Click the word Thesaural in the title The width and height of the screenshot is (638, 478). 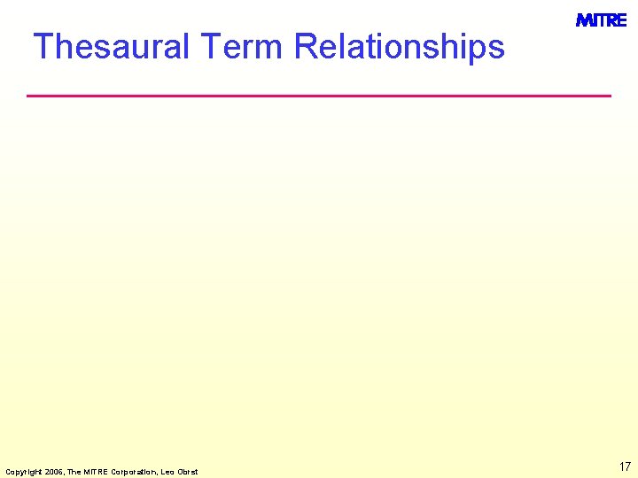111,46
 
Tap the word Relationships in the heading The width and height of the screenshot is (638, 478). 399,46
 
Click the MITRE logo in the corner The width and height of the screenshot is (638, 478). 601,20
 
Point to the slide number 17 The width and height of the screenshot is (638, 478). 625,466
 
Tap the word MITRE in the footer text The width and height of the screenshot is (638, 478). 92,471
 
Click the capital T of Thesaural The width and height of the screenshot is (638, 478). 43,46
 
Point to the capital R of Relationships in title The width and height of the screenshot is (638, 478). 306,46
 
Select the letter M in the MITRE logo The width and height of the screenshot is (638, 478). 584,20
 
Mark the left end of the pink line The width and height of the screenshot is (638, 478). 28,95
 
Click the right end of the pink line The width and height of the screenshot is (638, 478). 610,95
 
